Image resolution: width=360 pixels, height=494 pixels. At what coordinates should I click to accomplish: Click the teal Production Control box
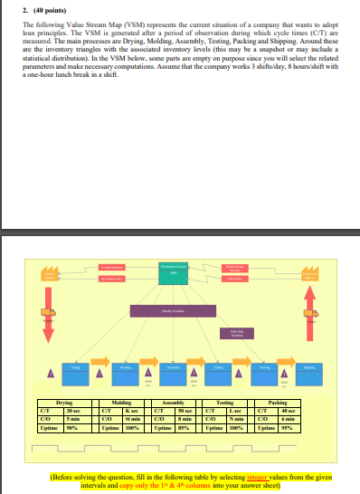[174, 271]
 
